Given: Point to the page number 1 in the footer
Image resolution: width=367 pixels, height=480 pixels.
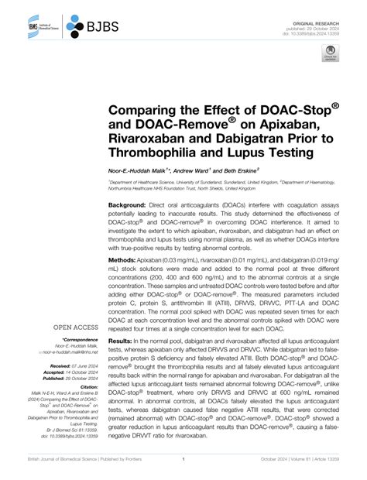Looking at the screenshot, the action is (183, 465).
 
